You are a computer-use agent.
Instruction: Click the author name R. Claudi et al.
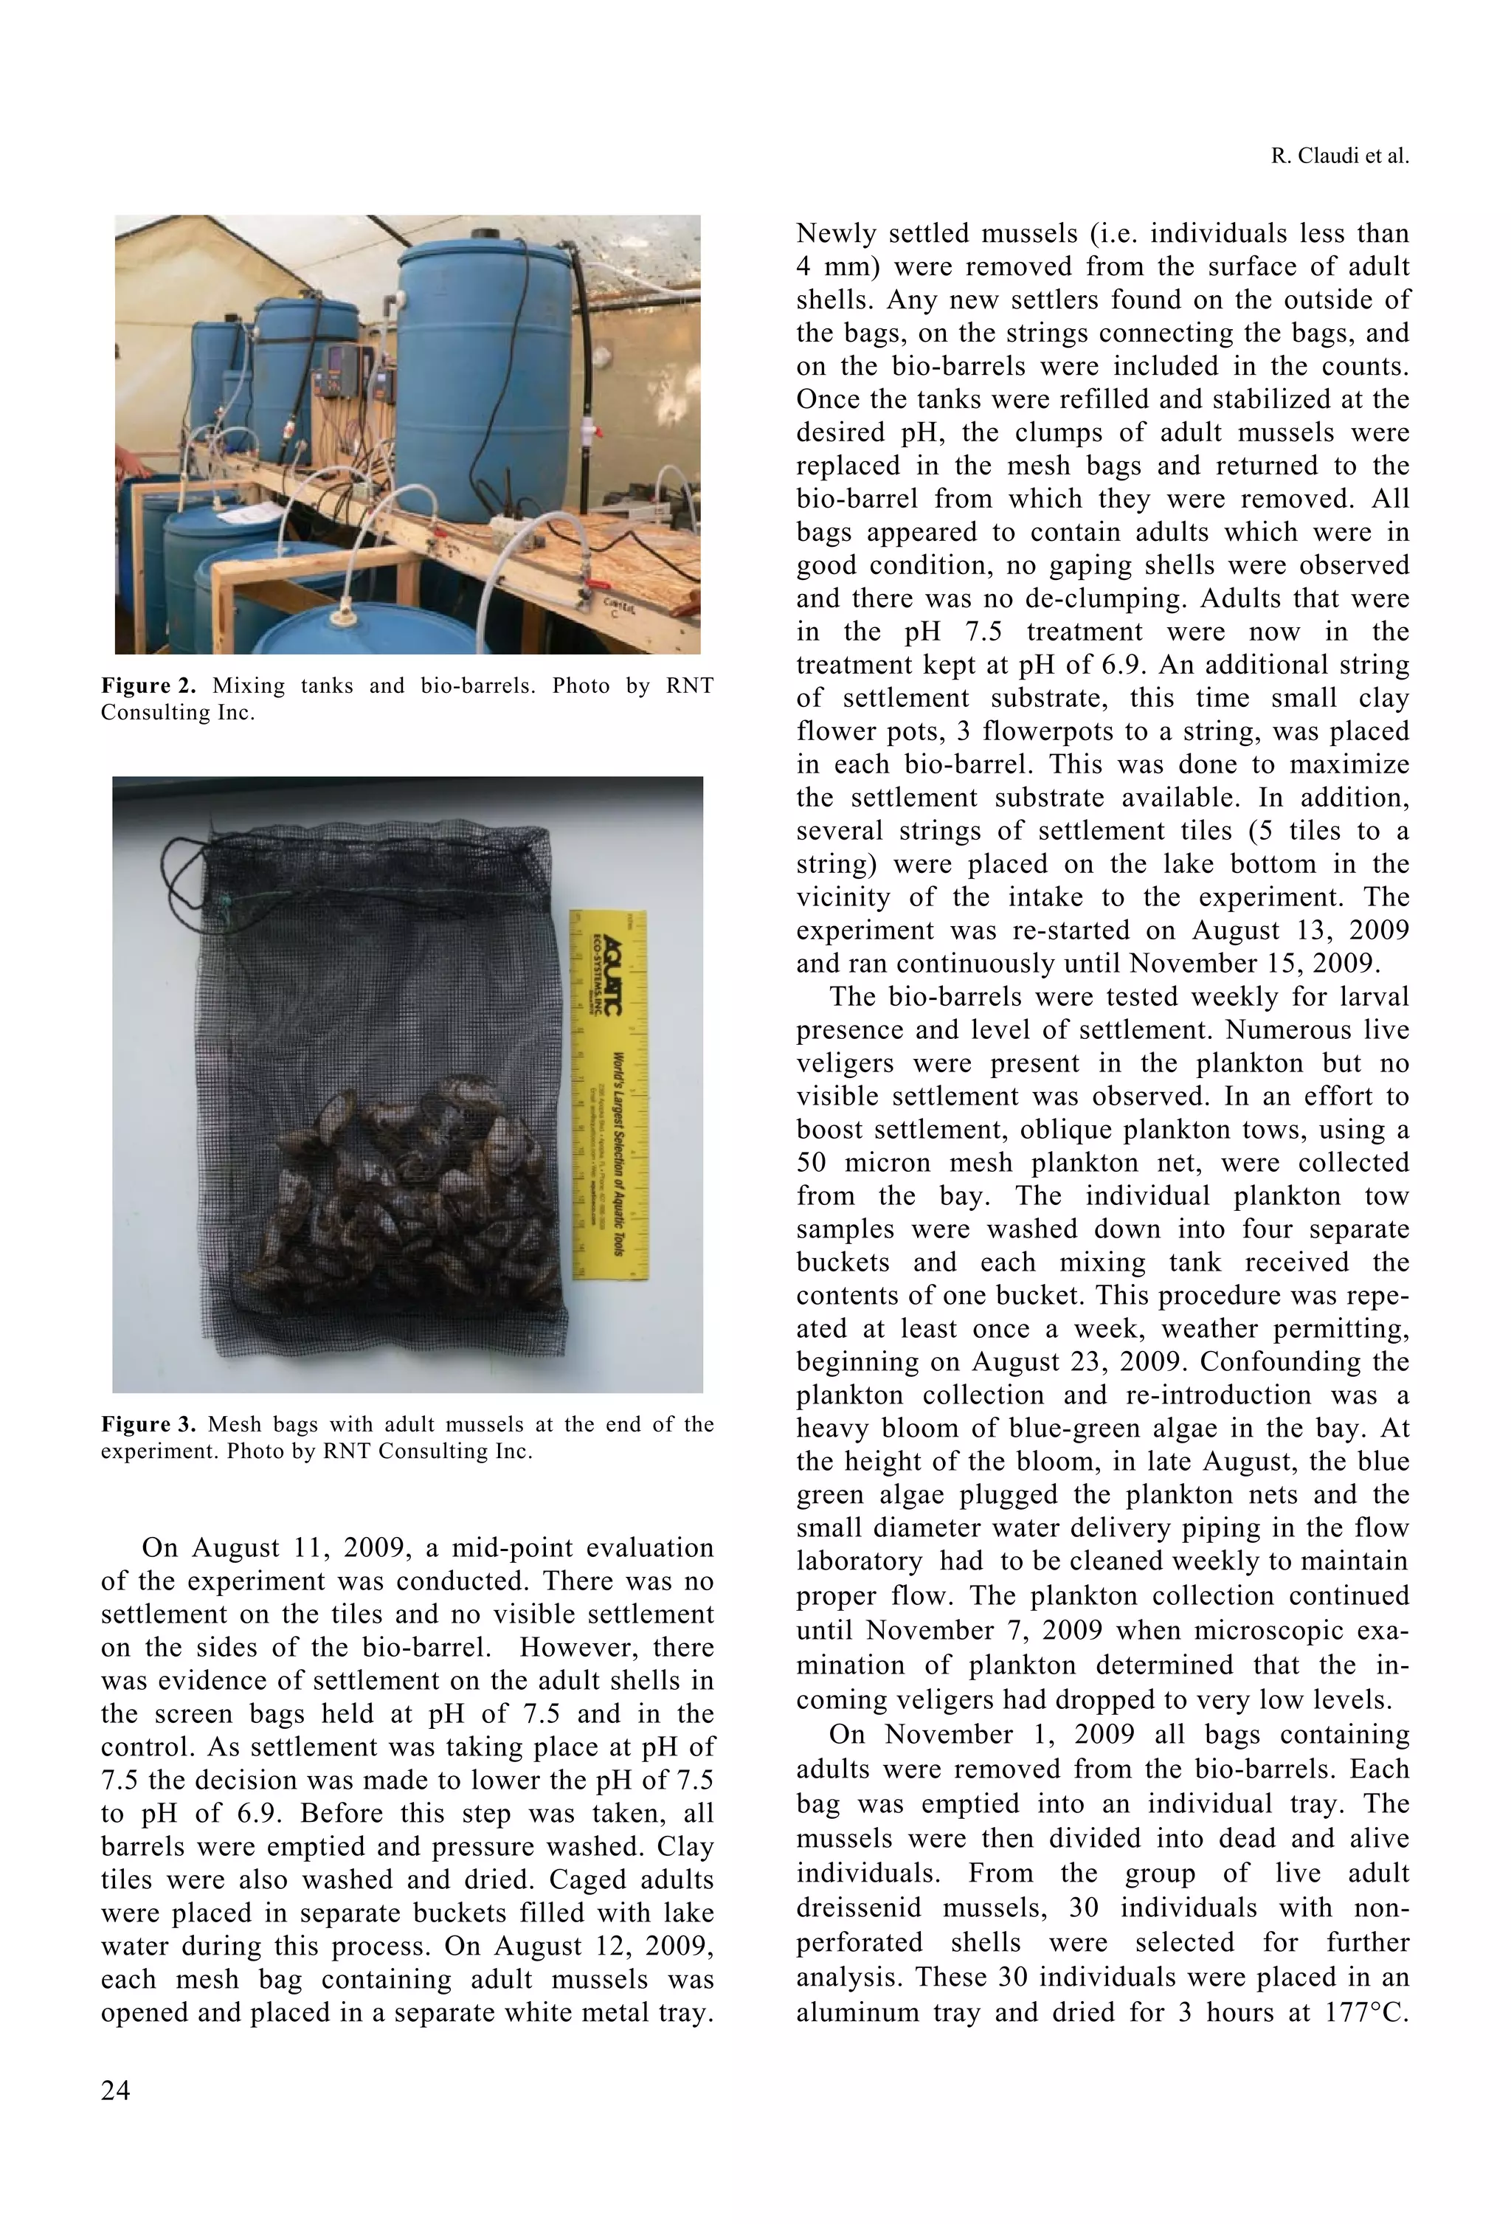(x=1339, y=156)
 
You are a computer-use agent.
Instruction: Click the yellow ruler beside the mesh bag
(x=609, y=1095)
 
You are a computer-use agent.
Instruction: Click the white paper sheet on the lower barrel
(x=235, y=517)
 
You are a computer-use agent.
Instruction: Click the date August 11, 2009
(x=312, y=1548)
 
